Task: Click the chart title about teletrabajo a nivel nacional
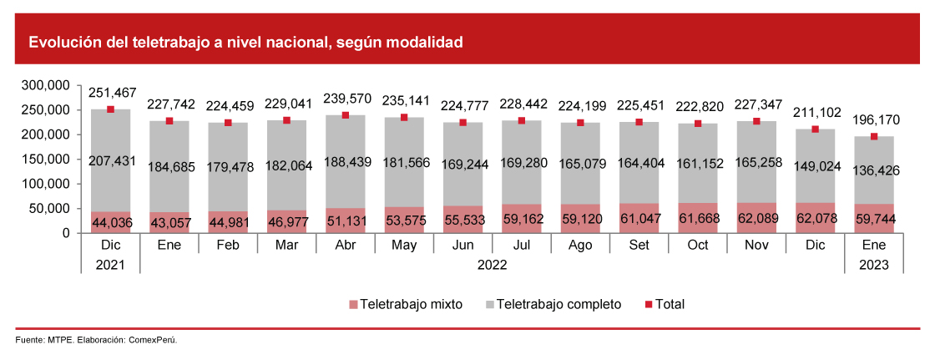pyautogui.click(x=245, y=42)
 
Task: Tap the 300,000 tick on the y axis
pyautogui.click(x=46, y=85)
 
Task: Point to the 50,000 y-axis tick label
pyautogui.click(x=49, y=208)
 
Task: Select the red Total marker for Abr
pyautogui.click(x=345, y=116)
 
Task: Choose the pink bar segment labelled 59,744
pyautogui.click(x=873, y=219)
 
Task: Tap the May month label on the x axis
pyautogui.click(x=403, y=245)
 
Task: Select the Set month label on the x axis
pyautogui.click(x=639, y=245)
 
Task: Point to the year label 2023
pyautogui.click(x=873, y=265)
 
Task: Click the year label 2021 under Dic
pyautogui.click(x=110, y=265)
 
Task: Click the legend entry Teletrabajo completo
pyautogui.click(x=552, y=304)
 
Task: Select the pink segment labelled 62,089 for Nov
pyautogui.click(x=756, y=218)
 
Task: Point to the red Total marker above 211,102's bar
pyautogui.click(x=815, y=129)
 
